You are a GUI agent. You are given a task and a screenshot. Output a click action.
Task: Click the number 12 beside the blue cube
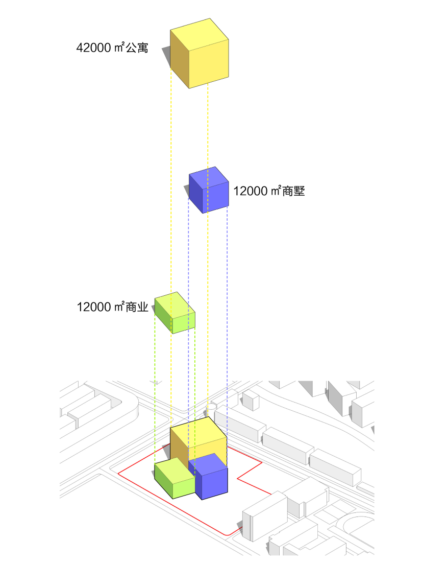(240, 192)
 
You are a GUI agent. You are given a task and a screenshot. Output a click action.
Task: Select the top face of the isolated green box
(173, 304)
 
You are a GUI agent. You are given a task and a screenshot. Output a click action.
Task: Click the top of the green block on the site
(172, 468)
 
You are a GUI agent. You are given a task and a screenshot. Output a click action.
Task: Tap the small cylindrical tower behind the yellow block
(211, 409)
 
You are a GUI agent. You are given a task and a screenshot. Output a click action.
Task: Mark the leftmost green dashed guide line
(155, 363)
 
